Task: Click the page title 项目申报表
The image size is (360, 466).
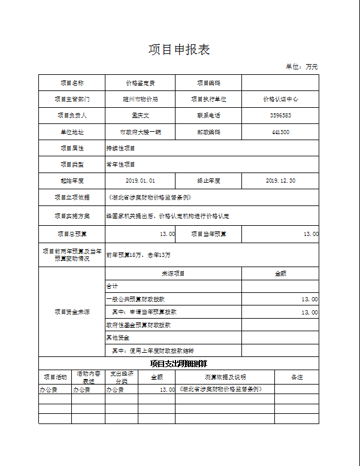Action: (x=179, y=50)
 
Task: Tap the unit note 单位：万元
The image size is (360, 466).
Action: (x=302, y=66)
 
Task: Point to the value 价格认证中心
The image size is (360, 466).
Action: (x=280, y=99)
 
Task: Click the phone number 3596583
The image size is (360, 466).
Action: (x=280, y=115)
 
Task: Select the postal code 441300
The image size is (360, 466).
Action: (x=280, y=132)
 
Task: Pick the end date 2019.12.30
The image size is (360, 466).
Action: (x=280, y=180)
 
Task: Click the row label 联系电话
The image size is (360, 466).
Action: (x=208, y=115)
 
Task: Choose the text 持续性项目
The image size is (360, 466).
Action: (x=121, y=148)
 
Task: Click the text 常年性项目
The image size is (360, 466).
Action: (x=121, y=164)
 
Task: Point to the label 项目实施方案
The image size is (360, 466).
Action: (x=72, y=215)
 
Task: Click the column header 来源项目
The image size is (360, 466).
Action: (x=173, y=273)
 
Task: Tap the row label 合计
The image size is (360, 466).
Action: (x=112, y=286)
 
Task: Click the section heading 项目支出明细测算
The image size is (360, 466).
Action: (x=179, y=364)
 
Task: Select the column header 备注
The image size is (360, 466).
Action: (x=297, y=377)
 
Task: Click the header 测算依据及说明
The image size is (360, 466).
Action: (x=225, y=377)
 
